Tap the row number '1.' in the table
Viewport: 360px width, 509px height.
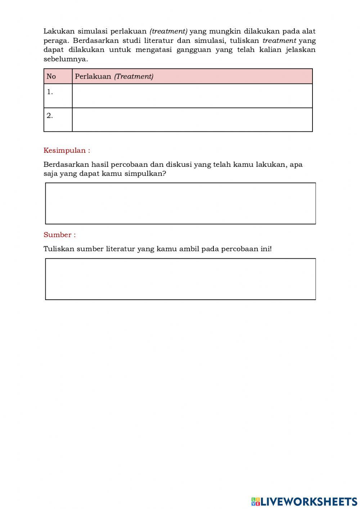(50, 92)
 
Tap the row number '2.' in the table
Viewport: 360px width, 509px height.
(50, 116)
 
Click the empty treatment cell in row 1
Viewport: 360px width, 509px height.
(192, 96)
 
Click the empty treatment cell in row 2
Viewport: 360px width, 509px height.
(192, 120)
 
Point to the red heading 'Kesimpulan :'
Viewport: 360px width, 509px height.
(67, 151)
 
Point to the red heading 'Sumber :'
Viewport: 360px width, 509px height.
(59, 235)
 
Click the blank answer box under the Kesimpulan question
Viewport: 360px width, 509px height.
(180, 204)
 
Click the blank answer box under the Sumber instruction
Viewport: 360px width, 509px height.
(180, 279)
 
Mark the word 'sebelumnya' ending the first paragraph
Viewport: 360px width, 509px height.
(65, 59)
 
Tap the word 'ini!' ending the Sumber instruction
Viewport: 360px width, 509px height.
(266, 249)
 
